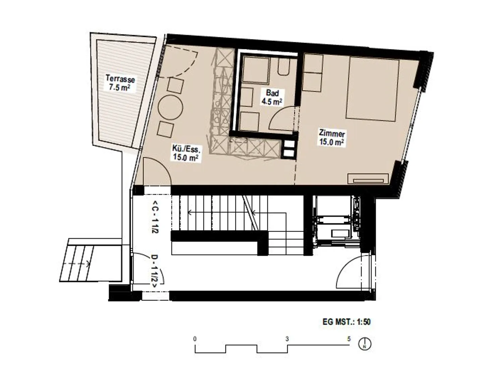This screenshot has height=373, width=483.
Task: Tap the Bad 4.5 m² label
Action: click(272, 97)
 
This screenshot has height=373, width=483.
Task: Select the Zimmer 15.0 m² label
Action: click(332, 138)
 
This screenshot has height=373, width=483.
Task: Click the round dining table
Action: click(170, 108)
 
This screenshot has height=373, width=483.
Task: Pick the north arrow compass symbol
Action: click(365, 344)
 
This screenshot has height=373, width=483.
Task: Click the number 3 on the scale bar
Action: click(287, 339)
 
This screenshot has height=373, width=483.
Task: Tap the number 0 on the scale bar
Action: click(195, 339)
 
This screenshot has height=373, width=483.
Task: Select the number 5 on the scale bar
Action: click(349, 339)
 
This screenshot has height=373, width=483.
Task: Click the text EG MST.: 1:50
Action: click(346, 322)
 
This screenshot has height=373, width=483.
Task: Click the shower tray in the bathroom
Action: click(256, 69)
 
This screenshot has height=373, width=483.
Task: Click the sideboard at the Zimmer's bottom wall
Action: click(368, 179)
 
